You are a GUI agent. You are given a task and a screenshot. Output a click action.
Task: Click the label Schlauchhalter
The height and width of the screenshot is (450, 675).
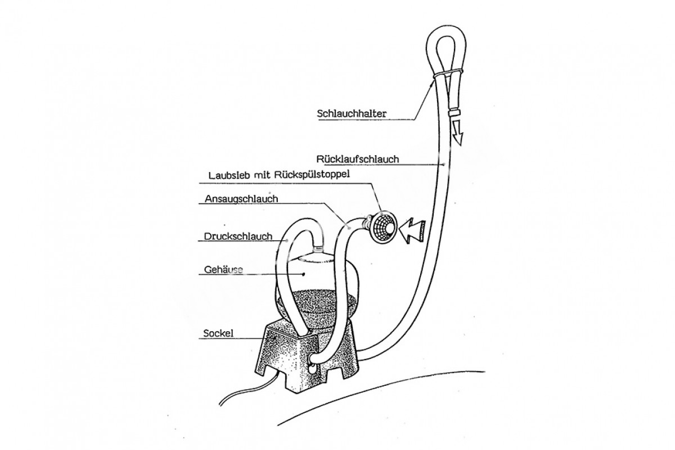click(x=352, y=112)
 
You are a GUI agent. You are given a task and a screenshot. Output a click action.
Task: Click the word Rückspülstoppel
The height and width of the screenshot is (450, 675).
click(x=316, y=174)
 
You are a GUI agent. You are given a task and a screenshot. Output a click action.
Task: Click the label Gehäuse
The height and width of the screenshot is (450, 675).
click(x=220, y=270)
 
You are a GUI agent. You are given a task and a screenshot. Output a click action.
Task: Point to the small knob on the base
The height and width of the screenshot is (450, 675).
click(x=310, y=367)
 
